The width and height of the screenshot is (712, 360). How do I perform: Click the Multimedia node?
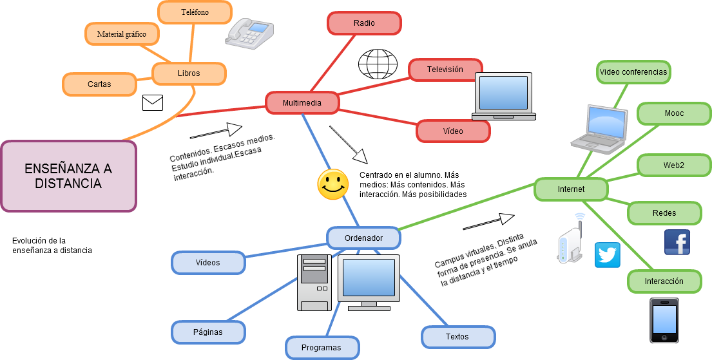tap(302, 102)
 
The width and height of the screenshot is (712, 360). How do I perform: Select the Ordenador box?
tap(363, 238)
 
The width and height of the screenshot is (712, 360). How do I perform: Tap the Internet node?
tap(571, 189)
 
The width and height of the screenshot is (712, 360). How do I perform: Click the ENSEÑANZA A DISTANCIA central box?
tap(68, 176)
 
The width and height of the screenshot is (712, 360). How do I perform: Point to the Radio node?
tap(364, 23)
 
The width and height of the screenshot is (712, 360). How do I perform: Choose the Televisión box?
tap(445, 70)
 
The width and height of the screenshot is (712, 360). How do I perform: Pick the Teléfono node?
tap(195, 12)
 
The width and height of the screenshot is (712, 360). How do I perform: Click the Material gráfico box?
tap(122, 34)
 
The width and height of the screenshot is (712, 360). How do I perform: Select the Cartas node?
tap(99, 84)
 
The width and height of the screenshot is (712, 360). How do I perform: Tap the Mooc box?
tap(674, 113)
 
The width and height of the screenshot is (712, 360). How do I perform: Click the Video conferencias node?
tap(633, 72)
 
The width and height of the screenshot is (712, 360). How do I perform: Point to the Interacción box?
tap(664, 281)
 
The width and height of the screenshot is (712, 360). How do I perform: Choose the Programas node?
tap(322, 348)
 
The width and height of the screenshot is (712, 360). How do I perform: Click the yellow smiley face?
tap(332, 184)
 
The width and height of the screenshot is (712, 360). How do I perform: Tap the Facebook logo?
tap(677, 242)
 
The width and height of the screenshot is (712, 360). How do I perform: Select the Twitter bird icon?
tap(607, 255)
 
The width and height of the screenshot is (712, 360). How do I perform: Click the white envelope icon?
tap(153, 103)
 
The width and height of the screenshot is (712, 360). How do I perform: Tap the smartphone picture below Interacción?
tap(664, 320)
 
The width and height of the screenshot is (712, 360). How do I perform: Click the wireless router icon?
tap(570, 240)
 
